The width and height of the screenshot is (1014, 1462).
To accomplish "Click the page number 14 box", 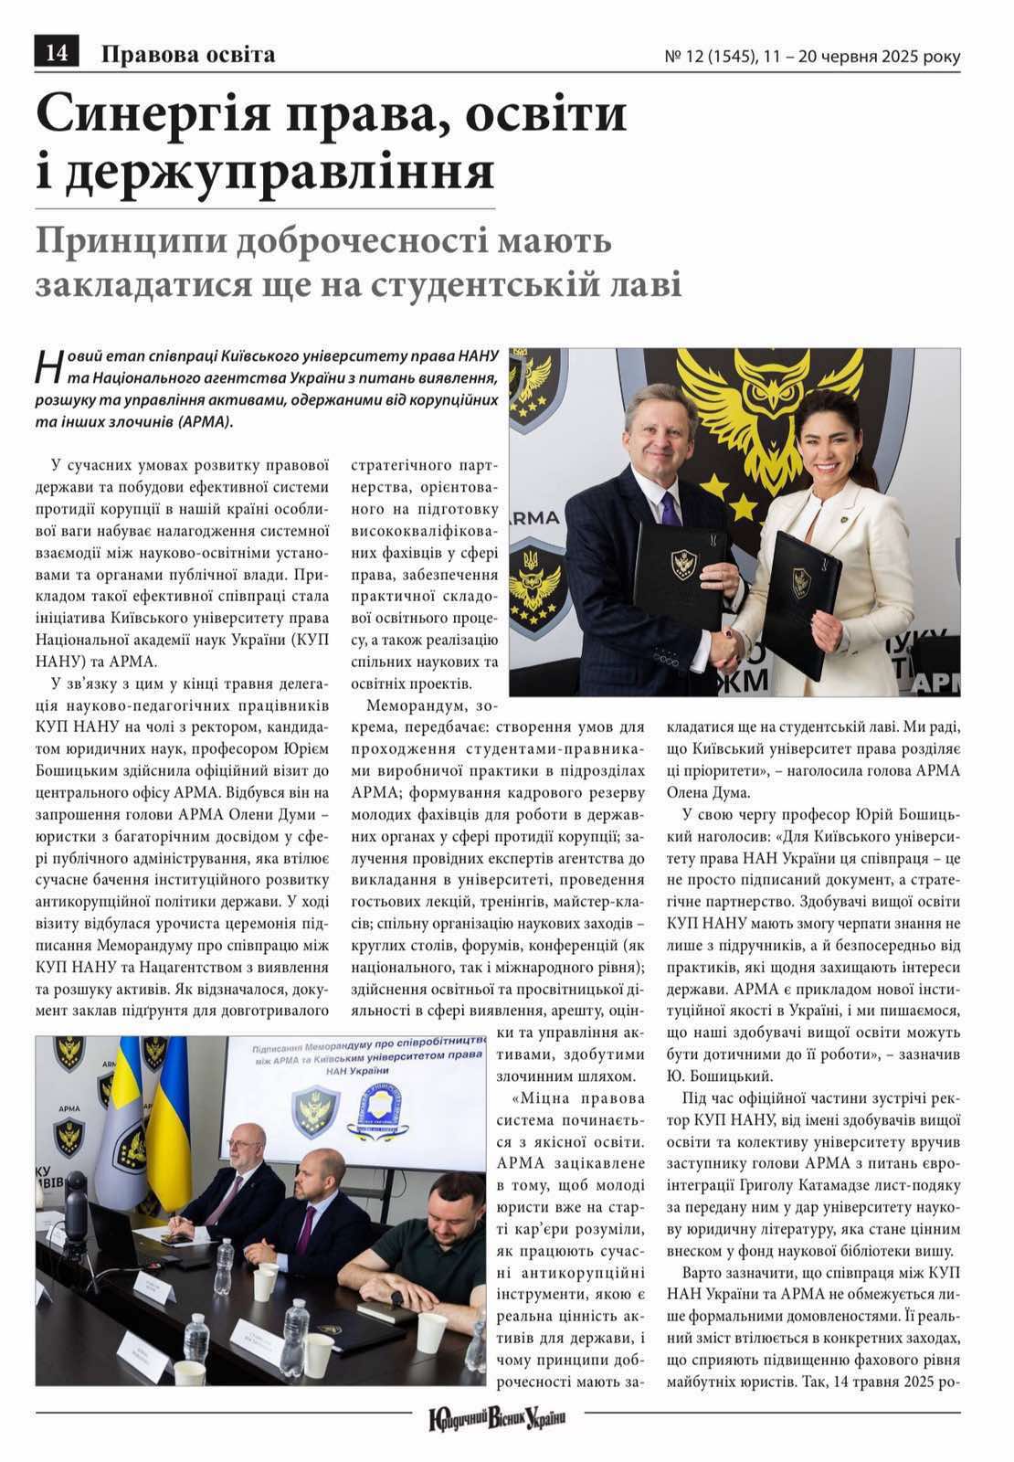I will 56,54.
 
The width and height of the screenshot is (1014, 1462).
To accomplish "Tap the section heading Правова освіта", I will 187,55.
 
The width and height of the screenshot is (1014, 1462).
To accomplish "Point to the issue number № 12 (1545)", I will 709,57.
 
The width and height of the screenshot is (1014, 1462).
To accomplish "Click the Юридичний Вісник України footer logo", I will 498,1419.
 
